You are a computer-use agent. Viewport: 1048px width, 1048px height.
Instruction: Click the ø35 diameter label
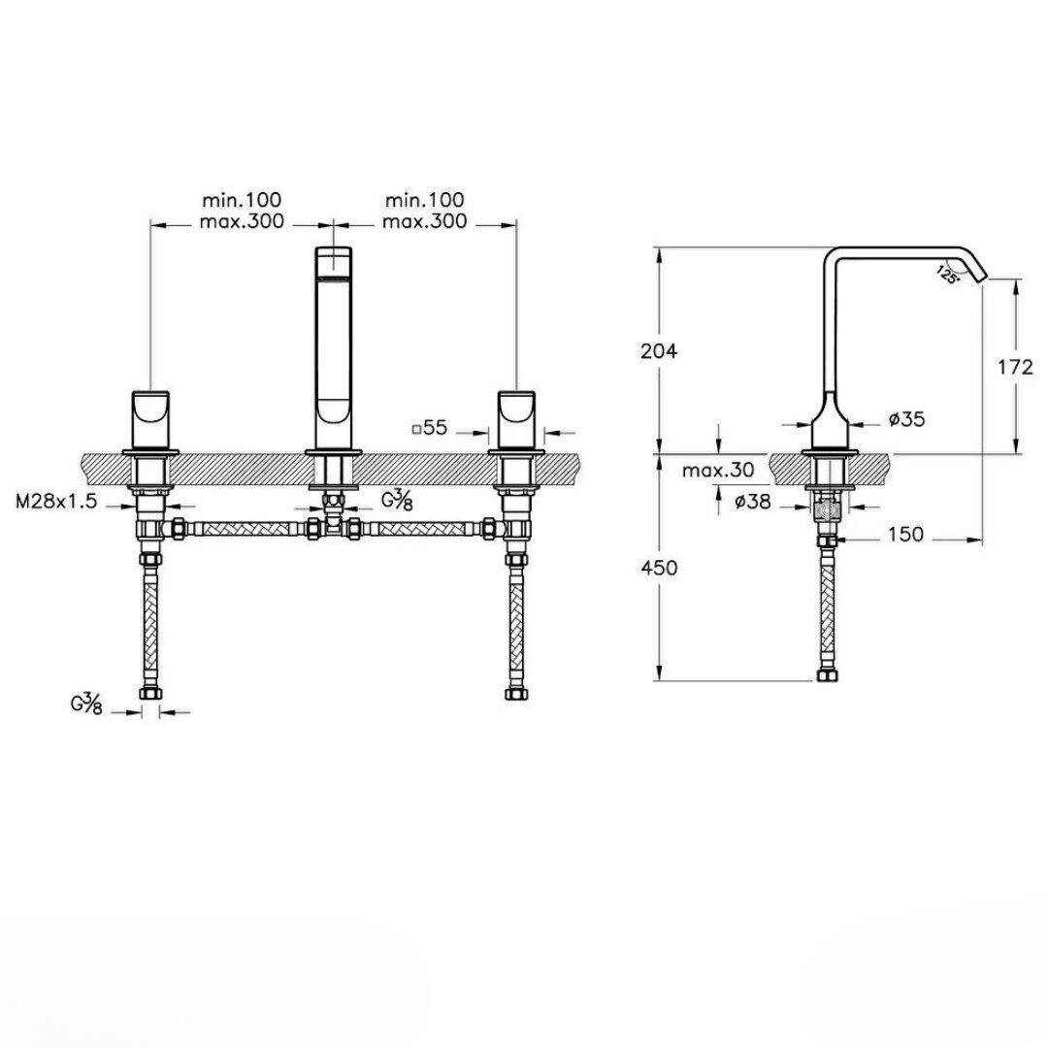click(x=905, y=419)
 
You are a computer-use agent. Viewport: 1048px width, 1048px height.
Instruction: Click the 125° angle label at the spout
click(x=948, y=275)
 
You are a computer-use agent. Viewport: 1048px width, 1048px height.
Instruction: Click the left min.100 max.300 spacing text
click(x=243, y=211)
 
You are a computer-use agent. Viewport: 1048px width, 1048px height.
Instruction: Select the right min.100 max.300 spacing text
click(x=424, y=211)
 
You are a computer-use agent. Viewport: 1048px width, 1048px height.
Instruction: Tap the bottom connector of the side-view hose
click(x=827, y=674)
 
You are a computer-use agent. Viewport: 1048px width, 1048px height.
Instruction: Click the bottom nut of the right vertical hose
click(x=515, y=693)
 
